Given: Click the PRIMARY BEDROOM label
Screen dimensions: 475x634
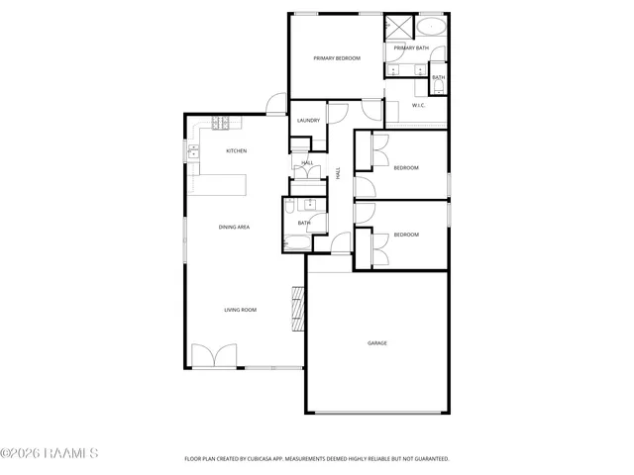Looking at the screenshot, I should point(336,58).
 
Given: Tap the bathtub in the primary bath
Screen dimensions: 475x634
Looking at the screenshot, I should point(432,26).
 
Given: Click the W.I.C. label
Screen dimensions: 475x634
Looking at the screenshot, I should point(418,105).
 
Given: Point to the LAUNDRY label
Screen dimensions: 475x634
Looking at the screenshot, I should point(307,121).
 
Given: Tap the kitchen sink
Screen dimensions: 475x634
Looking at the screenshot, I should point(193,151).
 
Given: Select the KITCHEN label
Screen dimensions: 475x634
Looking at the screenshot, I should point(236,150).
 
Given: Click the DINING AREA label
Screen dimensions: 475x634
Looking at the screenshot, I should point(234,227).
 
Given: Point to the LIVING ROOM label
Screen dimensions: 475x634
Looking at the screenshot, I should point(240,310).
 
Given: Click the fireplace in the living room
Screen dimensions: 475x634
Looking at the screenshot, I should point(296,309).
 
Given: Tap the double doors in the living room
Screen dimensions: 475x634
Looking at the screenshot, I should point(214,356).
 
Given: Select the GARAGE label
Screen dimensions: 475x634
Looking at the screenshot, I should point(377,342).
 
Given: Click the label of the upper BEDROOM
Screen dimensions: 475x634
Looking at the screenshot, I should point(406,167).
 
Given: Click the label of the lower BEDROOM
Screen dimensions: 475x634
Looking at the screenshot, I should point(406,235).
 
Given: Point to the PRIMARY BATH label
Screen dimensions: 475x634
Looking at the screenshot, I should point(410,47).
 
